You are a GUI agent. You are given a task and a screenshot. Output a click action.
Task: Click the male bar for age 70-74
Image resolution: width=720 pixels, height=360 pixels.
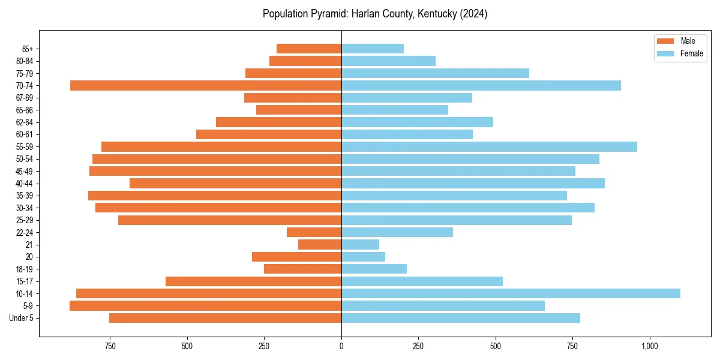click(x=206, y=85)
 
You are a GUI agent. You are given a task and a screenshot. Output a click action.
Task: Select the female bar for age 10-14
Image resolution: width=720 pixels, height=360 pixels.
click(x=511, y=293)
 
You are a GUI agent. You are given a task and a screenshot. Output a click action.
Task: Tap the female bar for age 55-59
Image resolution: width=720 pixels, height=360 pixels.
click(x=489, y=146)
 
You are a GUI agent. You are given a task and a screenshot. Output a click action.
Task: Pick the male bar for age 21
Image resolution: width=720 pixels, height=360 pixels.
click(x=320, y=244)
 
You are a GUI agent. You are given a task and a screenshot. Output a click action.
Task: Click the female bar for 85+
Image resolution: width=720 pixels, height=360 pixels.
click(x=373, y=49)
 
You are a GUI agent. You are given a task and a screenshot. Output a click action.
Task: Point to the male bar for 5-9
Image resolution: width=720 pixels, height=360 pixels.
click(x=205, y=305)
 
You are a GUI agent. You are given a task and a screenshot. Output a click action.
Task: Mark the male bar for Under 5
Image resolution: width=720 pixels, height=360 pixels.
click(x=225, y=318)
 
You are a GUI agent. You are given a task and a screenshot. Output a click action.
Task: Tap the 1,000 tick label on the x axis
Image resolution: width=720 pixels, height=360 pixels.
click(x=649, y=346)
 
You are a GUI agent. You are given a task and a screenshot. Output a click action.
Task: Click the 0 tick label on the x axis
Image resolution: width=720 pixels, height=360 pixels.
click(x=341, y=346)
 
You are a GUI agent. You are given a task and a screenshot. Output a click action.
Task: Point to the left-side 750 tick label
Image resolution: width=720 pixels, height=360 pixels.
click(x=110, y=346)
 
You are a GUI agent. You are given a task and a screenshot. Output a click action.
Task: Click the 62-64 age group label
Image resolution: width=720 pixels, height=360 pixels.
click(x=25, y=122)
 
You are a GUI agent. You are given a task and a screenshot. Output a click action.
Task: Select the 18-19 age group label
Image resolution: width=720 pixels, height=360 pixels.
click(x=25, y=269)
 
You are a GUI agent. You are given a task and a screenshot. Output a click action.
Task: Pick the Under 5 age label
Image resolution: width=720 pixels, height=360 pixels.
click(x=22, y=318)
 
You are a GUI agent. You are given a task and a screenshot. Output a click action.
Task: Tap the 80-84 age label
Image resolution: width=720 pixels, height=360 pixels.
click(x=25, y=61)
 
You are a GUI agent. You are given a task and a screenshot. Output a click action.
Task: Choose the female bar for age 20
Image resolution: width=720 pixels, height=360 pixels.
click(x=363, y=257)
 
